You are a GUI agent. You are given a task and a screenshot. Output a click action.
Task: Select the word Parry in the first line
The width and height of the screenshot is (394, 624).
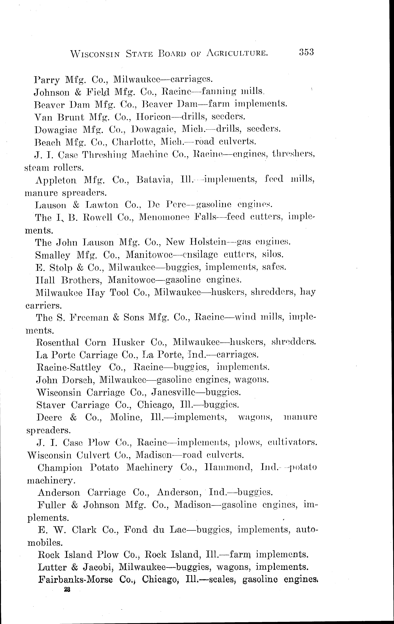[x=47, y=80]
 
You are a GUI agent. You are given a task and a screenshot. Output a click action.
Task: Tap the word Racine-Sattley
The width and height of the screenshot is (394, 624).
[x=68, y=367]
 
